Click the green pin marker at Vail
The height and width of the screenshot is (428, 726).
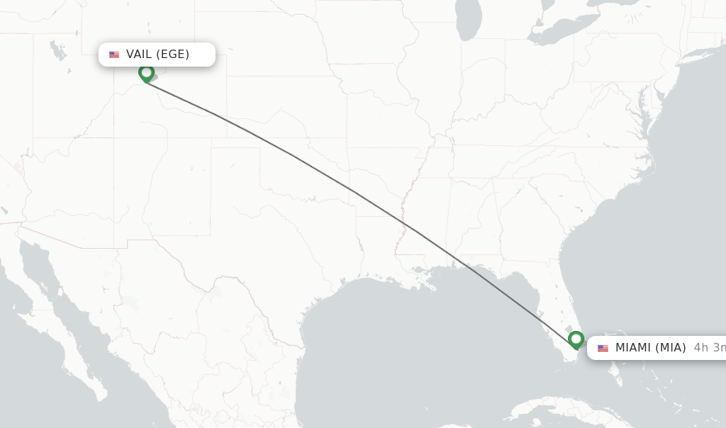[x=146, y=73]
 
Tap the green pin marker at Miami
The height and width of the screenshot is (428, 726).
[x=576, y=339]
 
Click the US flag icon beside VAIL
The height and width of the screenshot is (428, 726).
[x=114, y=55]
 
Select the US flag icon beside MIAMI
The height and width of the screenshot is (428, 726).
[x=603, y=348]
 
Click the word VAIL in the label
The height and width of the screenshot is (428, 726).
[x=140, y=55]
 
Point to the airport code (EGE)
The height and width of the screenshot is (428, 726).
[x=172, y=55]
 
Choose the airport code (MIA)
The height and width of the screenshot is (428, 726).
[x=670, y=348]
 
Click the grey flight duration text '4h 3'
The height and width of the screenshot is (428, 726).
[x=709, y=348]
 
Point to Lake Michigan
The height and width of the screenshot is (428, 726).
[x=469, y=21]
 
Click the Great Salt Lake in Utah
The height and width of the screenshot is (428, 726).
[x=55, y=50]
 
